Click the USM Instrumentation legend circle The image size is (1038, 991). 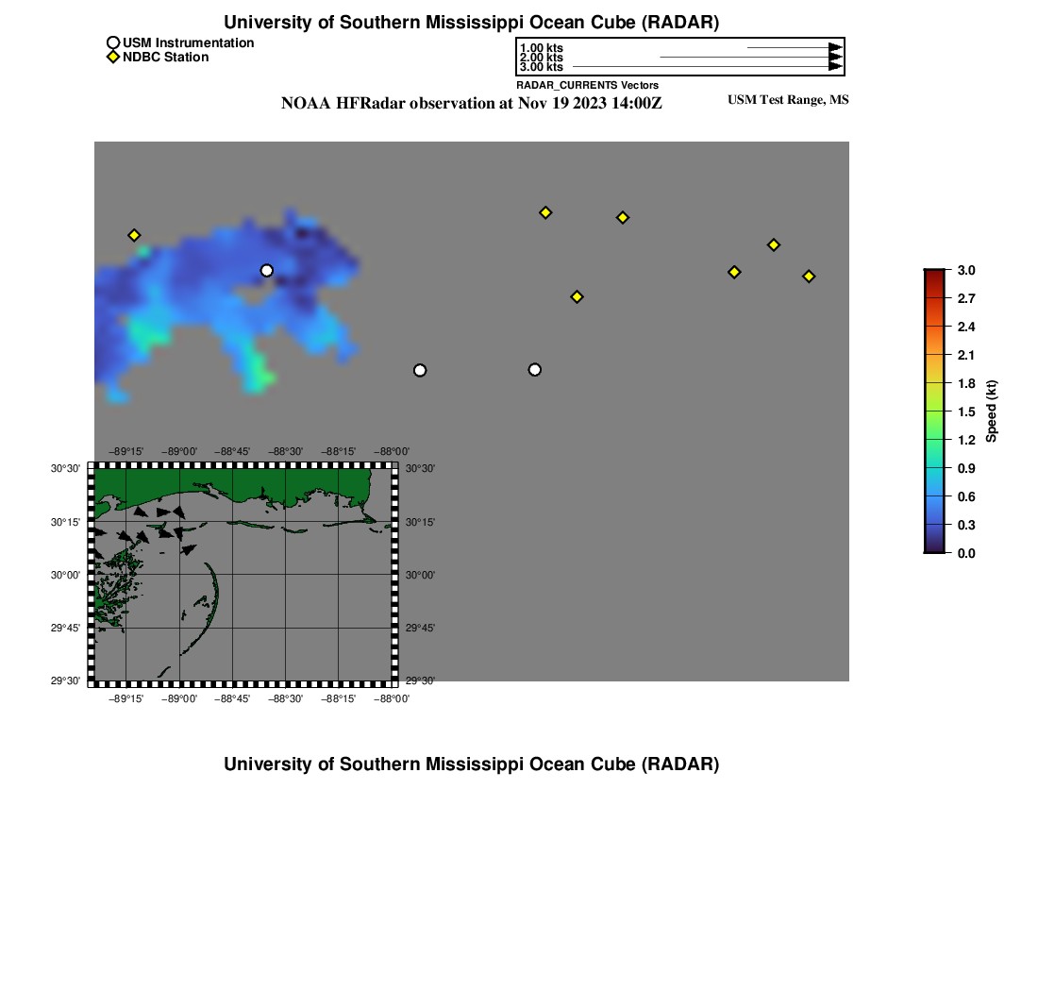coord(113,42)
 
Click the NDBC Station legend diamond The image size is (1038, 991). coord(113,58)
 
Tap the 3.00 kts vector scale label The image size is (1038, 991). coord(541,67)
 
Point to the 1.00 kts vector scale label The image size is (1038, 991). coord(541,48)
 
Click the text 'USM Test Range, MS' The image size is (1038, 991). coord(788,100)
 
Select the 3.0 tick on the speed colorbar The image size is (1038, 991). coord(965,270)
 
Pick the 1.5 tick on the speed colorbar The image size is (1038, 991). coord(965,412)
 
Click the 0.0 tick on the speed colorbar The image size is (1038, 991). coord(965,553)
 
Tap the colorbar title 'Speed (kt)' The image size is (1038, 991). coord(991,411)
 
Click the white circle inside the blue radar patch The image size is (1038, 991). coord(267,271)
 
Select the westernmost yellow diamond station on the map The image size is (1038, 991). coord(134,235)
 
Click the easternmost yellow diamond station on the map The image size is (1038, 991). coord(809,277)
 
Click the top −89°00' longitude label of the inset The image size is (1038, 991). coord(179,452)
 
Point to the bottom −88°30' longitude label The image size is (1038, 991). coord(286,699)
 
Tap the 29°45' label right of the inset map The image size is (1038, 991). coord(420,628)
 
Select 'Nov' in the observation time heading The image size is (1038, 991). coord(532,104)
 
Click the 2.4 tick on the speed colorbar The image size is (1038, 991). coord(965,327)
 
